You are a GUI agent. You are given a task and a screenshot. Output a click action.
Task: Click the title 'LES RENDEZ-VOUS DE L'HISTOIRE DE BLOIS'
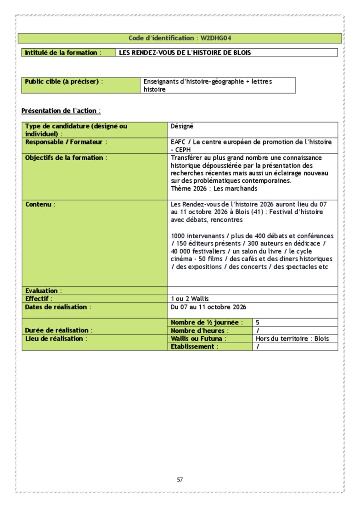[185, 53]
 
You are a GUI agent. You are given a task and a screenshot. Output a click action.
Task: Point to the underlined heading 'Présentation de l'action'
[61, 111]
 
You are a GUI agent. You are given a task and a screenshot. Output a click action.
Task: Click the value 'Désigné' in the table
[182, 126]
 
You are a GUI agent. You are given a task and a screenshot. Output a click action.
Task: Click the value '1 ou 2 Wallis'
[190, 299]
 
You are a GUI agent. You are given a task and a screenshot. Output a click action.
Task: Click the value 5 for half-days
[258, 323]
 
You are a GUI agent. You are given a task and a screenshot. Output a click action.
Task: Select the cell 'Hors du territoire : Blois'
[292, 339]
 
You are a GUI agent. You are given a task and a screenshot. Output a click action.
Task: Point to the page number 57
[180, 480]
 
